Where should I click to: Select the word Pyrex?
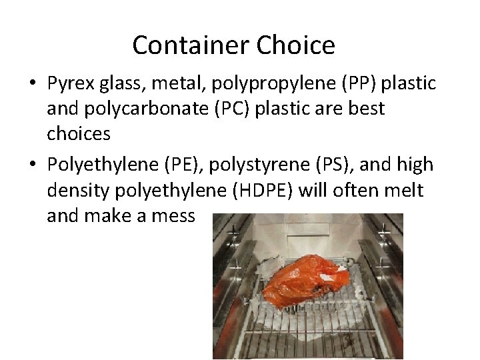71,83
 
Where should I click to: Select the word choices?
79,133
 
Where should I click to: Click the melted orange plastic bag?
301,279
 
